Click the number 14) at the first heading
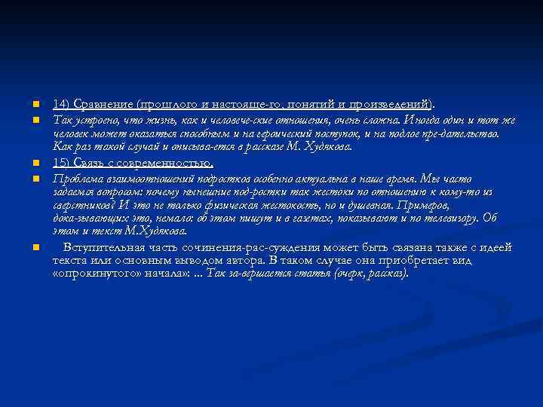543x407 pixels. (x=61, y=104)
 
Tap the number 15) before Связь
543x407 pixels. (x=61, y=163)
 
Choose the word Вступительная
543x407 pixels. (x=105, y=246)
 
